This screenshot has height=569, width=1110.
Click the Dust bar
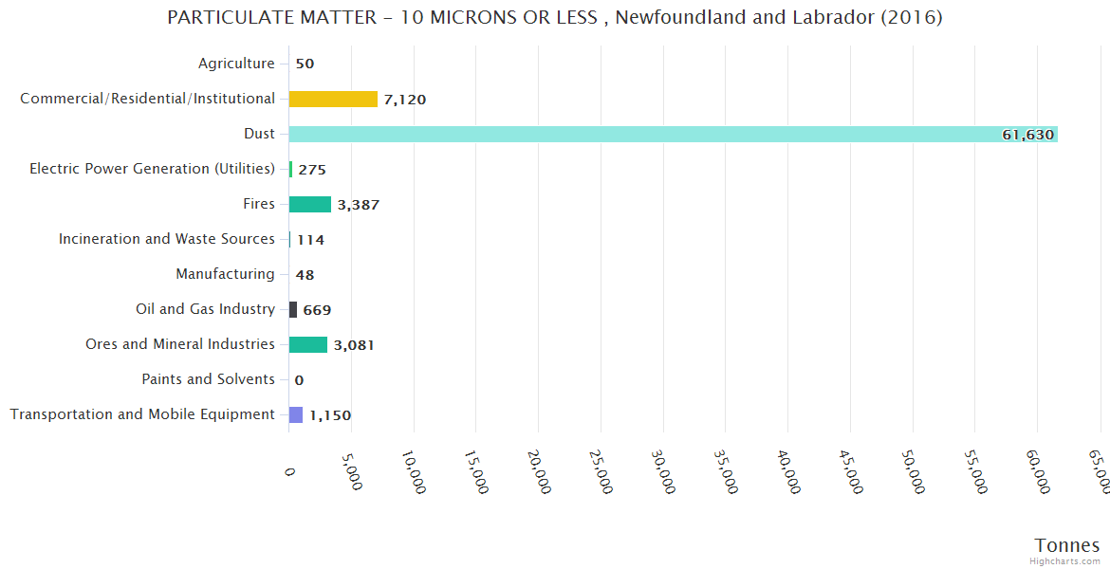[x=673, y=134]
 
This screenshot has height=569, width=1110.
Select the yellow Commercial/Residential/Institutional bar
[x=333, y=99]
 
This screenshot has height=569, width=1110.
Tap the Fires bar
[x=310, y=204]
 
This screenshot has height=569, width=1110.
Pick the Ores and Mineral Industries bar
[x=308, y=344]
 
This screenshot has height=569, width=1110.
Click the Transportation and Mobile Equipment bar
[x=296, y=414]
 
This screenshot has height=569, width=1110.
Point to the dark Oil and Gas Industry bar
[x=293, y=309]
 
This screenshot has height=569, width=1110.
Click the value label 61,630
[x=1027, y=135]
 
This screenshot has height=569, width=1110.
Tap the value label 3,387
[x=359, y=205]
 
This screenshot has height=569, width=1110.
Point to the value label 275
[x=312, y=170]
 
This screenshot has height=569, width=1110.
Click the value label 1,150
[x=330, y=415]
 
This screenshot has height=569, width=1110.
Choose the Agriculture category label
[x=236, y=64]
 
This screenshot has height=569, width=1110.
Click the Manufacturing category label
[x=225, y=274]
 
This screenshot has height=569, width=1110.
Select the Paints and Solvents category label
[x=208, y=379]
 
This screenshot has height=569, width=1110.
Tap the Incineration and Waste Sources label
[x=167, y=239]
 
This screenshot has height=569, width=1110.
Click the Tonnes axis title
[x=1066, y=545]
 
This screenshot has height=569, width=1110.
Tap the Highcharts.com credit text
[x=1065, y=561]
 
